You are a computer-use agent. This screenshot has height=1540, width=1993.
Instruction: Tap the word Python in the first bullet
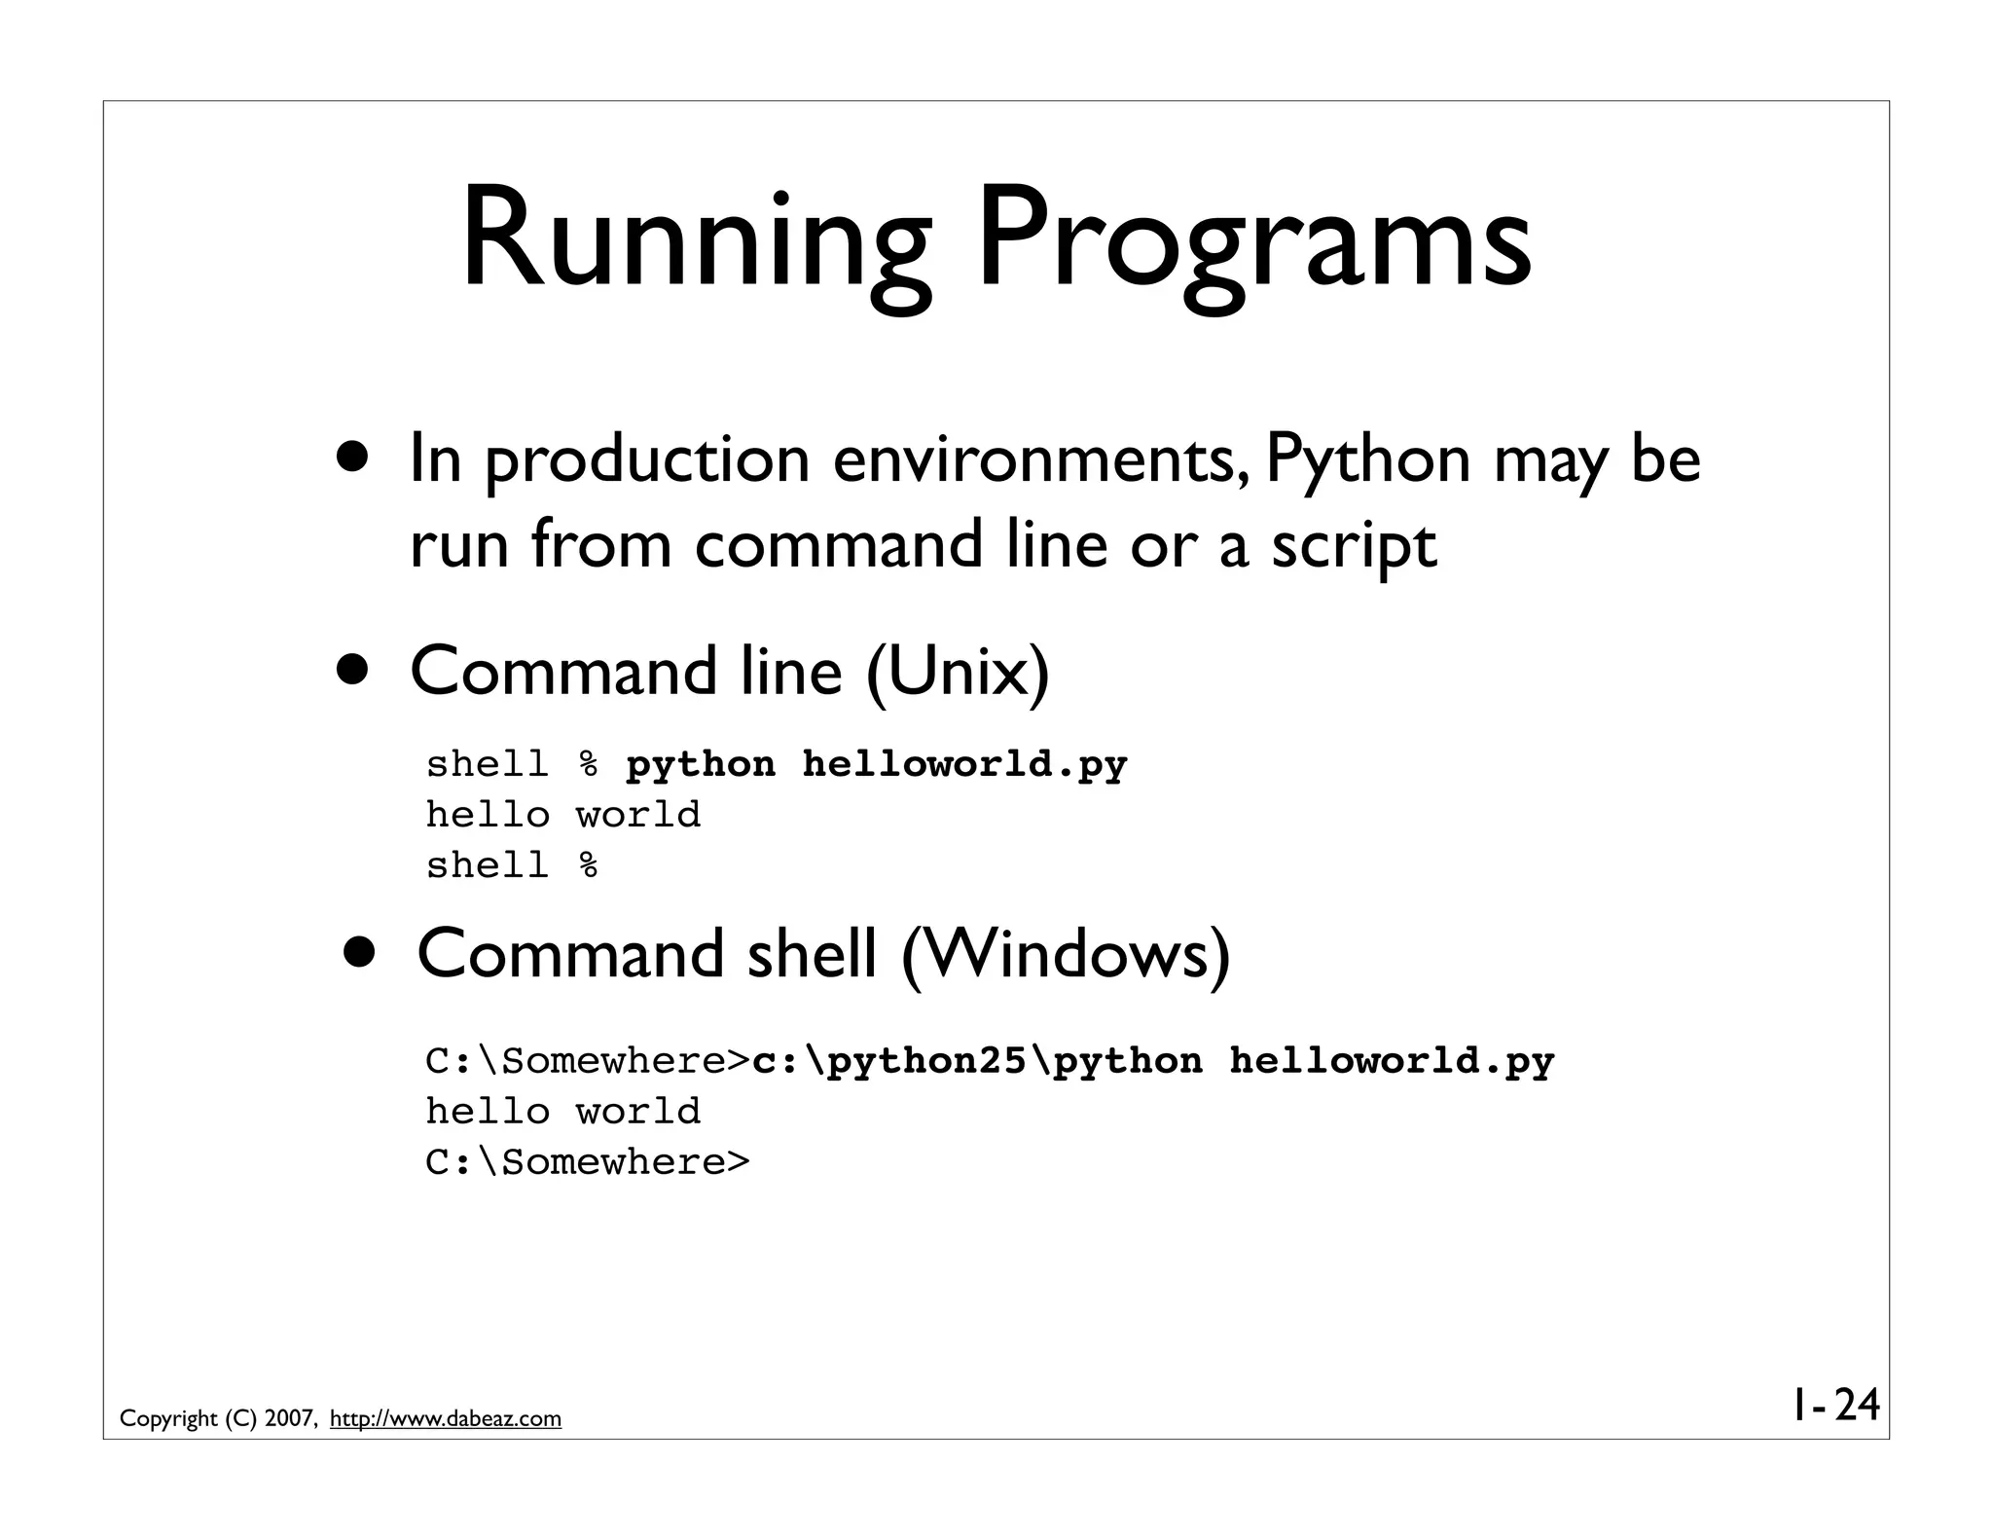coord(1367,459)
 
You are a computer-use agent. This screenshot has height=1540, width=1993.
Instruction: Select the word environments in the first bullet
coord(1033,459)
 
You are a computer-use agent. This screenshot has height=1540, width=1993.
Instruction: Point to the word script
coord(1353,546)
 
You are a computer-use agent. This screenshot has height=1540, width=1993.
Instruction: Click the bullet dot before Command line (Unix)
coord(353,670)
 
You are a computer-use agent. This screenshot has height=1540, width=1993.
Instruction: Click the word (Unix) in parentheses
coord(958,672)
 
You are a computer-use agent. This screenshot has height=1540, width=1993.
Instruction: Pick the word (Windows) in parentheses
coord(1066,955)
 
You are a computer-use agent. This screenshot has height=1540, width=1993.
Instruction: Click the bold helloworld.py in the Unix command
coord(964,765)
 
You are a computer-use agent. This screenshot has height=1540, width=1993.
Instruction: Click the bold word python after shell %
coord(701,765)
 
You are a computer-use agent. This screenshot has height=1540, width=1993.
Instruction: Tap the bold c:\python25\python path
coord(977,1062)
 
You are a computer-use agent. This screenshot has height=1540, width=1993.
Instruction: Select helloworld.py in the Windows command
coord(1392,1062)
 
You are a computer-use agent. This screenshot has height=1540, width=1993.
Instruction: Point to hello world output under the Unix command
coord(563,816)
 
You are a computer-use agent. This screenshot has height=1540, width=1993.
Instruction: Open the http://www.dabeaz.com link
coord(446,1419)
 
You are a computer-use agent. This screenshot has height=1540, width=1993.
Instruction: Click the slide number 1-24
coord(1835,1406)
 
